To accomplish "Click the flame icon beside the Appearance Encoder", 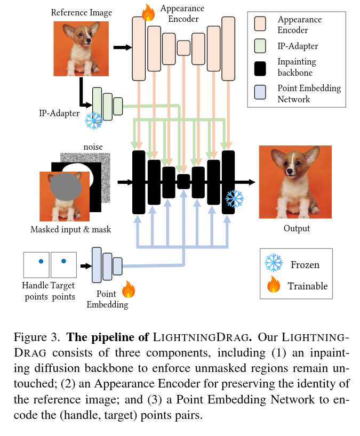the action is click(x=148, y=13).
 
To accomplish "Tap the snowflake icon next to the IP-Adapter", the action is click(x=93, y=120).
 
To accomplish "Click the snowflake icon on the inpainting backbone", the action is click(x=235, y=199).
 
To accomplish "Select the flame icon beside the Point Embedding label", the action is click(x=129, y=289).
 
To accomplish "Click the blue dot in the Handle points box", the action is click(x=41, y=261).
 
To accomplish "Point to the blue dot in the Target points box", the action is click(x=63, y=261).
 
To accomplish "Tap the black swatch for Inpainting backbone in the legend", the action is click(x=260, y=69).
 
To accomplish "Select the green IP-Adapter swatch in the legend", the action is click(x=260, y=46).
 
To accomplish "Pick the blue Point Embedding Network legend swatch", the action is click(x=260, y=92).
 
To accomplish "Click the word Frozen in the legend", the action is click(x=305, y=265).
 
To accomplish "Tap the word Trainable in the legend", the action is click(x=308, y=286).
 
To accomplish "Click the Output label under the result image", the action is click(x=297, y=228).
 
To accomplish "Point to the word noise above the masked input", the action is click(x=93, y=147).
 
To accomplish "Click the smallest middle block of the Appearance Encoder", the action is click(x=183, y=48).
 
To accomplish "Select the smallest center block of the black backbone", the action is click(x=183, y=182).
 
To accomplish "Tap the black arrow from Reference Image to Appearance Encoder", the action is click(x=123, y=47).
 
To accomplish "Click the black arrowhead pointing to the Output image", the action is click(x=252, y=182).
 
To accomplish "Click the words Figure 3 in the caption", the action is click(x=37, y=337).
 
